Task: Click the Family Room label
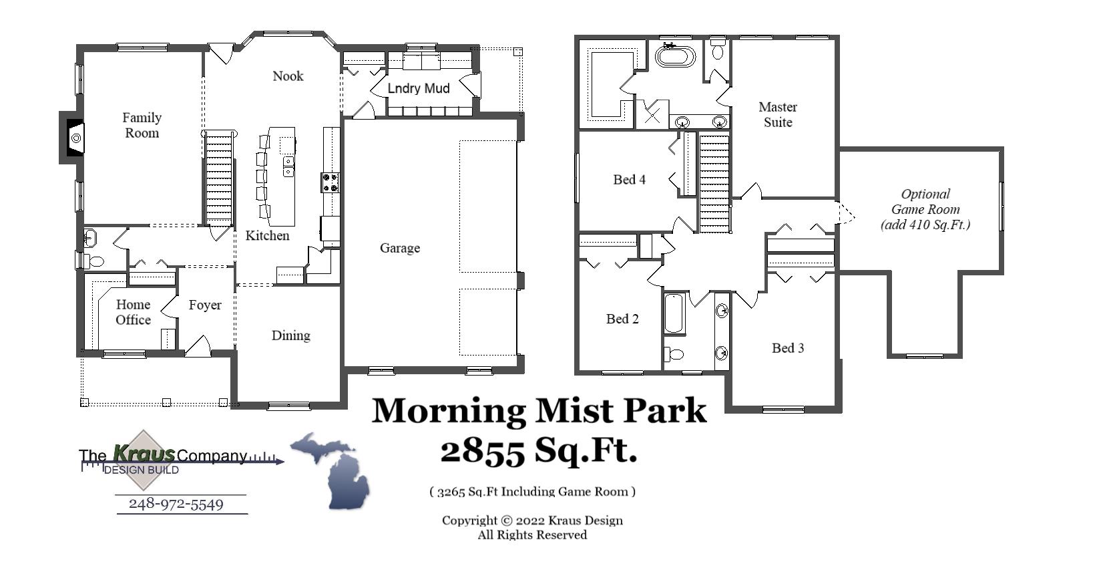point(142,125)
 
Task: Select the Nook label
point(288,76)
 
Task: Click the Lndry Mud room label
point(418,88)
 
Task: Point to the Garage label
point(400,248)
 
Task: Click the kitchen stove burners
point(331,182)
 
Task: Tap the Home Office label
point(133,312)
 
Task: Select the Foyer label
point(204,305)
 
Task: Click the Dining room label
point(290,335)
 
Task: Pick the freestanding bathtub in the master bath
point(675,55)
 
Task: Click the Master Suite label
point(778,114)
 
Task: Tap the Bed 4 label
point(629,179)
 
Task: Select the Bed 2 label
point(622,319)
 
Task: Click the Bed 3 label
point(788,347)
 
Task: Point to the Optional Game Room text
point(925,209)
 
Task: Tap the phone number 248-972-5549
point(176,504)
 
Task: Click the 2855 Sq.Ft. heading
point(538,450)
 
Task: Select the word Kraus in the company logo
point(144,453)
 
